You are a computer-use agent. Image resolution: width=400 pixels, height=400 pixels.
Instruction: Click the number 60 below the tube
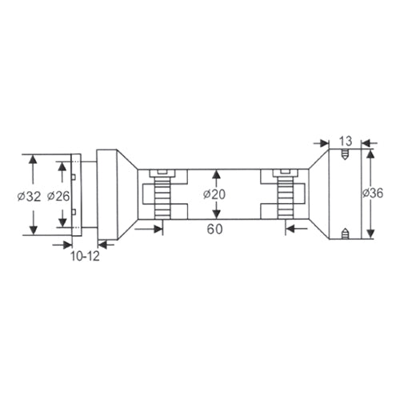point(214,229)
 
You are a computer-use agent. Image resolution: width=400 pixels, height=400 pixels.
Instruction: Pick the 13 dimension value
point(346,142)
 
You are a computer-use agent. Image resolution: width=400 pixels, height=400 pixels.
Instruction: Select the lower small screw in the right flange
point(345,234)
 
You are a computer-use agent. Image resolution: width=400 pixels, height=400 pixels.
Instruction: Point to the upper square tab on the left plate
point(73,178)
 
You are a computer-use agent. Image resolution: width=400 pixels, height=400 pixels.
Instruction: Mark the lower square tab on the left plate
point(73,212)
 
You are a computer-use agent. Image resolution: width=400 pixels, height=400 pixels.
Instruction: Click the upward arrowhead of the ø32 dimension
point(33,159)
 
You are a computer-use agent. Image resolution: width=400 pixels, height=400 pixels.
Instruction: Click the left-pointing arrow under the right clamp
point(290,229)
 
